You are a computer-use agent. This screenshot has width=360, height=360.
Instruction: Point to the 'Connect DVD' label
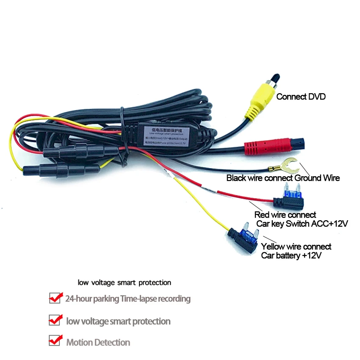pos(301,97)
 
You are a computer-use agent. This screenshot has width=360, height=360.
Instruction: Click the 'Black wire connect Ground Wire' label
pos(283,178)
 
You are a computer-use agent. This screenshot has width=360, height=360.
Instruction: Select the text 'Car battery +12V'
pos(291,255)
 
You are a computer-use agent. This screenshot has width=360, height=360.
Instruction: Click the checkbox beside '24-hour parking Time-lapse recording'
pos(55,298)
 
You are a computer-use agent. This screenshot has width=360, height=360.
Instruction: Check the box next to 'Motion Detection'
pos(55,341)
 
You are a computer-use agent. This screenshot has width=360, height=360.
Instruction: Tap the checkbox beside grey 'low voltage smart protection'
pos(55,320)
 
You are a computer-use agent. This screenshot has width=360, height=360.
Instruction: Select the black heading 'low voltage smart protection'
pos(124,282)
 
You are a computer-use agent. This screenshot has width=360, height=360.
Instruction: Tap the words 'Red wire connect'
pos(285,215)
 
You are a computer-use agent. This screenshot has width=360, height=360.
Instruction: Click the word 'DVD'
pos(316,97)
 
